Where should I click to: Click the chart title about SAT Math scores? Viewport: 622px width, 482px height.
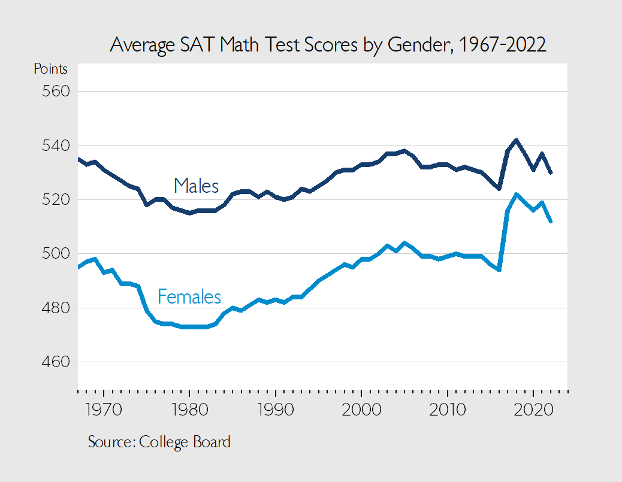(x=328, y=46)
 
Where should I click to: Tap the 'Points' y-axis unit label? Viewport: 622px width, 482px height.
(x=50, y=69)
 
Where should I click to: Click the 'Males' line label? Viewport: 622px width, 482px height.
(x=196, y=186)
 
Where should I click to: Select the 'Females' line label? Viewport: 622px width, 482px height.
(x=189, y=296)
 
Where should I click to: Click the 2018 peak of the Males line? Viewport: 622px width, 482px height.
(x=517, y=140)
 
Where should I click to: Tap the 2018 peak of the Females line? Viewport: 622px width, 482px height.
(x=517, y=194)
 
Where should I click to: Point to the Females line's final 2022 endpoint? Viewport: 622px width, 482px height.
(x=551, y=222)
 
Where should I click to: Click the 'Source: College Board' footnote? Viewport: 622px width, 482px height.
(x=159, y=442)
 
